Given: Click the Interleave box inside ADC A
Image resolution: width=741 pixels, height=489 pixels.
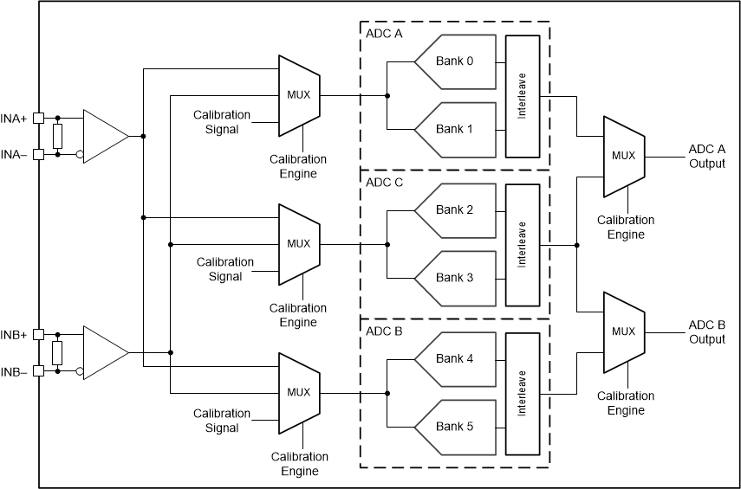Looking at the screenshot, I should coord(523,96).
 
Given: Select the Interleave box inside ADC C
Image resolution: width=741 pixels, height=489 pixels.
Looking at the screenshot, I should coord(523,244).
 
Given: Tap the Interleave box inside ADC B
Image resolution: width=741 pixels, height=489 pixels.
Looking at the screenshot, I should coord(523,393).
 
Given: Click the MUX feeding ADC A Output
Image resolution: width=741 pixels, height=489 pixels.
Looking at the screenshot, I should coord(622,156).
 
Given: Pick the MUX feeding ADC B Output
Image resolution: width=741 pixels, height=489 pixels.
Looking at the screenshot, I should coord(622,331).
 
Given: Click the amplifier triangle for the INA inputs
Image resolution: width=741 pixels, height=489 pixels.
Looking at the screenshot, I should coord(104,136).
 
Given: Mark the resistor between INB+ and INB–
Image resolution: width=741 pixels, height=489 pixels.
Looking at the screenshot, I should coord(58,352).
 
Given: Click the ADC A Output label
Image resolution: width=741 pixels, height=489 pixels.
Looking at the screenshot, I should coord(706,156).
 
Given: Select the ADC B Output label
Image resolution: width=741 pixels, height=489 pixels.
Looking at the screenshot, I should coord(706,331).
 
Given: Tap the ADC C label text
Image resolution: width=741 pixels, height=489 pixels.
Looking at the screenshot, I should coord(384,182).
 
